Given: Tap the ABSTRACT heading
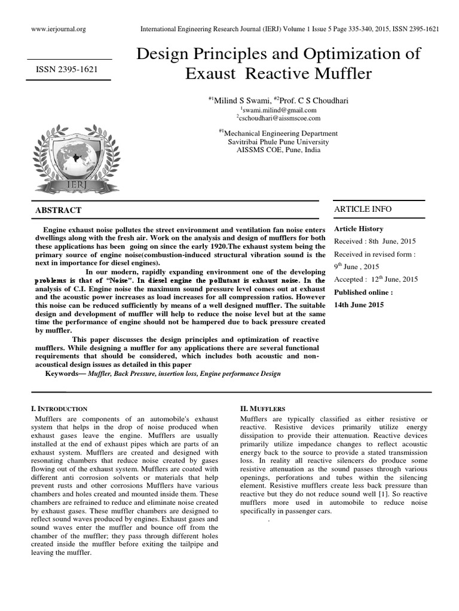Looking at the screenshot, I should click(59, 211).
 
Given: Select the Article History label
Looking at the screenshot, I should click(359, 229).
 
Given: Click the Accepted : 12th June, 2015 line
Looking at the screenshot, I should click(376, 279).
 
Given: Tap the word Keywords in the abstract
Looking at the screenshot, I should click(65, 374).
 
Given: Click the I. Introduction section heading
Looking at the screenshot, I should click(59, 409).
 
